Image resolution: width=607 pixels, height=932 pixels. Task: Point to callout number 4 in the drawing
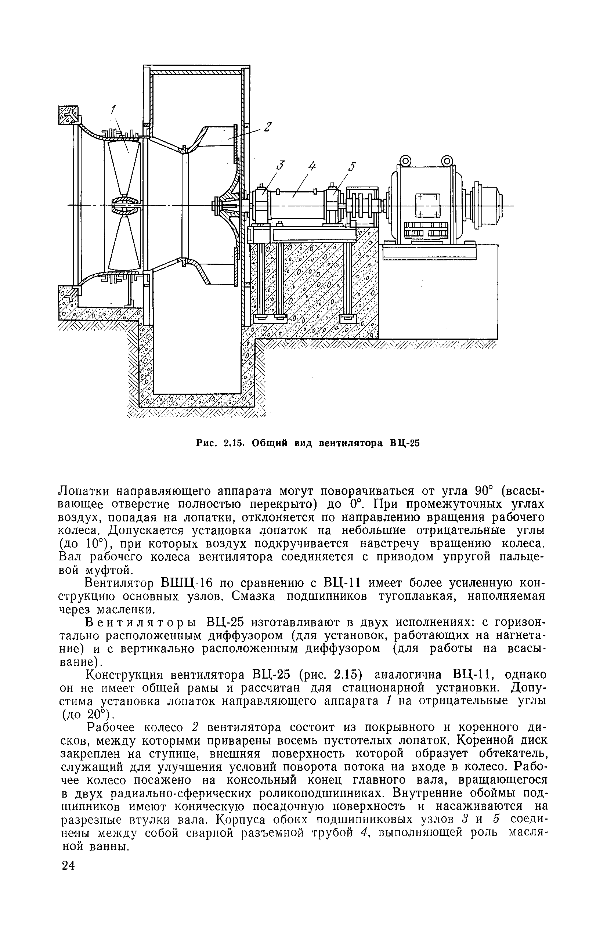click(311, 166)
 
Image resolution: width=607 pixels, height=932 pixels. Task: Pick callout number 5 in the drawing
click(352, 166)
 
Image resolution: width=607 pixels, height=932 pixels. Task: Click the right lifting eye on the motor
click(447, 160)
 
